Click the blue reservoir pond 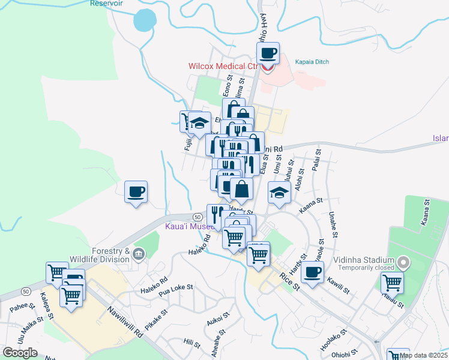144,20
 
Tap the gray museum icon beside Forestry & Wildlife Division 139,254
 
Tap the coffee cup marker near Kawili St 312,272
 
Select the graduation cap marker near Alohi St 280,192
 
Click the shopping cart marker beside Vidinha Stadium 393,281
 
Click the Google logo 20,352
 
